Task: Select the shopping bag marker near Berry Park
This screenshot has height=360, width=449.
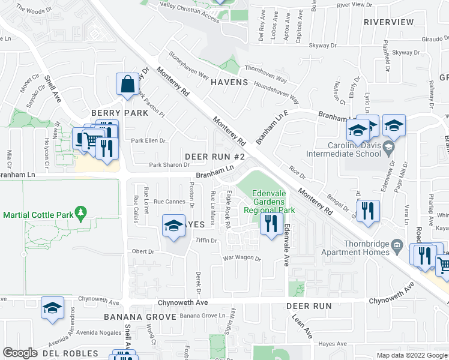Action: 128,86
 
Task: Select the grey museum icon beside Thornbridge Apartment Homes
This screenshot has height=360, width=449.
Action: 397,245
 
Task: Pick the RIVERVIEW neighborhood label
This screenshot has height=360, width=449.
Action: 388,22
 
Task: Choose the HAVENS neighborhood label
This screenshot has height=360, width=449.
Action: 229,82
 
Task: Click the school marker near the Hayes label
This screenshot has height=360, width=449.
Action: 173,226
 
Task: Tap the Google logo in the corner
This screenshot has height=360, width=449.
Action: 19,353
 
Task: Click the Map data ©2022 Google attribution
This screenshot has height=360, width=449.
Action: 411,355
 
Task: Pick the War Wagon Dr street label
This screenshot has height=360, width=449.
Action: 242,259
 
